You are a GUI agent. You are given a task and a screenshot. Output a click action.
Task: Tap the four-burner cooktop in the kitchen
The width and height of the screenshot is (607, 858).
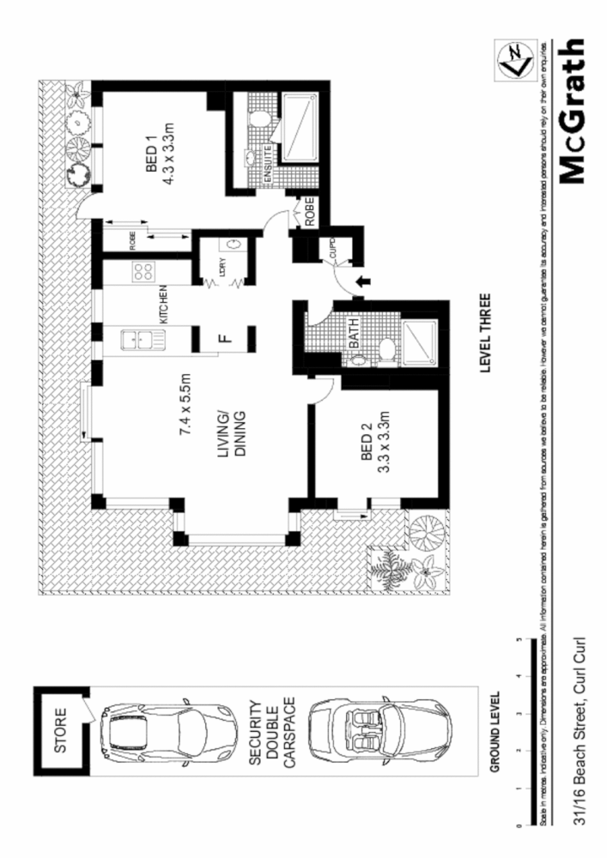coord(143,273)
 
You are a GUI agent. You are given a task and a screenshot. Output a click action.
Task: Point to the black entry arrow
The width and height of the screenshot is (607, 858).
coord(363,280)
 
